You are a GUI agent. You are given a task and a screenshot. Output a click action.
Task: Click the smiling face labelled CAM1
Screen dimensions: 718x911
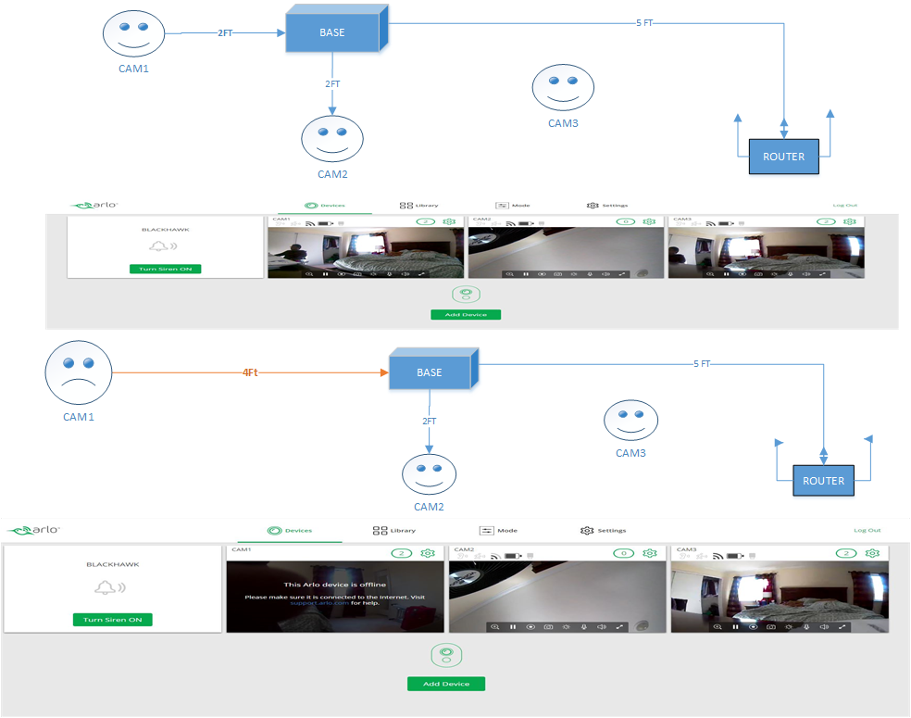click(x=132, y=32)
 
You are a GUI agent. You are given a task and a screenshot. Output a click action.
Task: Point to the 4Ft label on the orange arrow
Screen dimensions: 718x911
click(x=250, y=372)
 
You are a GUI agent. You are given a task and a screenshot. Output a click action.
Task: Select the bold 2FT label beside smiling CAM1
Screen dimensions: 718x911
click(x=226, y=33)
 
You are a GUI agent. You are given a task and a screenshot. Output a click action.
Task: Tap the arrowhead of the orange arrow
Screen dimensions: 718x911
click(x=381, y=372)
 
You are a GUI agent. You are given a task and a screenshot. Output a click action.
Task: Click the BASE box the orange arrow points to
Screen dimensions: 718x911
click(x=430, y=372)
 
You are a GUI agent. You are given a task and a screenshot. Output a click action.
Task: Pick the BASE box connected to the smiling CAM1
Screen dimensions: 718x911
click(x=331, y=33)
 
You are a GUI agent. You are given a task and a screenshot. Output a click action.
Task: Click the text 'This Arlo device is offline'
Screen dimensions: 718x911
click(x=334, y=585)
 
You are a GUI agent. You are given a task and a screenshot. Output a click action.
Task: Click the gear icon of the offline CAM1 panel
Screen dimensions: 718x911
click(x=428, y=553)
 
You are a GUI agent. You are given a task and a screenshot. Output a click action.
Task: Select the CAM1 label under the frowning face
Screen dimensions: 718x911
click(x=79, y=417)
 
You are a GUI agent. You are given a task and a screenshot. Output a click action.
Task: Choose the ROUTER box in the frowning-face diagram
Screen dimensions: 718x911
click(x=823, y=481)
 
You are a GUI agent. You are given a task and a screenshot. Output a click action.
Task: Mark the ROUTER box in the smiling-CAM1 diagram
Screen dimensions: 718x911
click(x=783, y=157)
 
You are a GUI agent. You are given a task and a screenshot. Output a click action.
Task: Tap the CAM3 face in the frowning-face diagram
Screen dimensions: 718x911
click(x=630, y=419)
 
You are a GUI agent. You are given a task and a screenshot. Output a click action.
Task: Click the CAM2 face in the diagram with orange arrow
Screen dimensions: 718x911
click(x=429, y=473)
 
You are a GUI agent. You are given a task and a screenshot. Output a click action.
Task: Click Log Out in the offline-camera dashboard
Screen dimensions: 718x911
click(x=867, y=531)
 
